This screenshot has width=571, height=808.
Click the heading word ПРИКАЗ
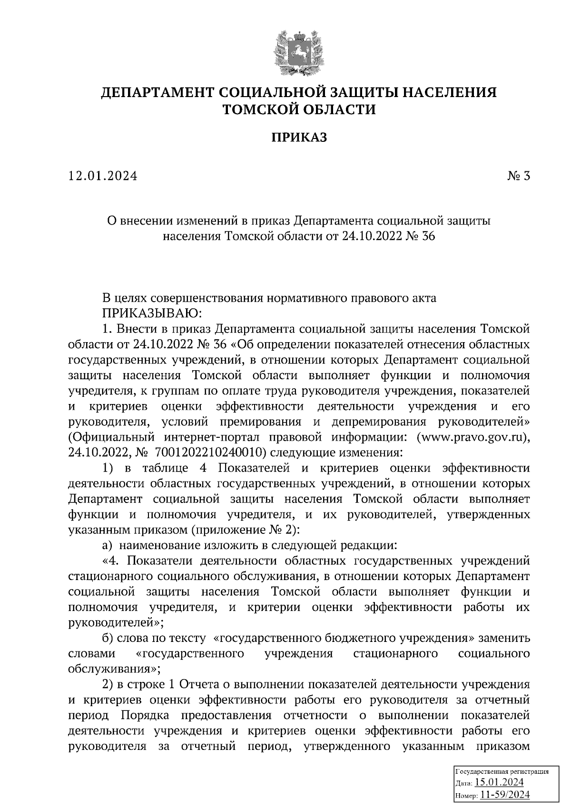(x=299, y=138)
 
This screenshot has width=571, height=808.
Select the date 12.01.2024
(x=103, y=176)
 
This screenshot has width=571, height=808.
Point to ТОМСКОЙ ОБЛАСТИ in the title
(x=299, y=110)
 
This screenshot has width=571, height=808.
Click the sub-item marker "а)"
(x=108, y=545)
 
